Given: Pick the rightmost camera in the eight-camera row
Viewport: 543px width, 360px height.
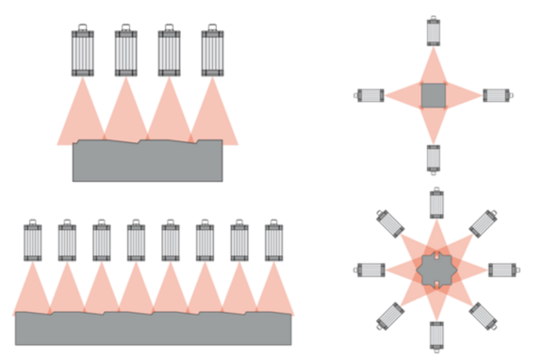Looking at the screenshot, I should (x=273, y=240).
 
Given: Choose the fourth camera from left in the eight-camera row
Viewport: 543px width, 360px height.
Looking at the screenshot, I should (x=135, y=240).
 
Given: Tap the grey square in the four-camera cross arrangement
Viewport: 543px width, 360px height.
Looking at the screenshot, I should (x=433, y=95).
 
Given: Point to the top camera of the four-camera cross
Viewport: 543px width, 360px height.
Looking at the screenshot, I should (x=433, y=31).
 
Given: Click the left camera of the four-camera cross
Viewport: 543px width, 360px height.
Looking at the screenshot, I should (x=370, y=95).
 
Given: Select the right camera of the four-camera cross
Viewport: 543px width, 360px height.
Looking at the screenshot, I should (x=496, y=95).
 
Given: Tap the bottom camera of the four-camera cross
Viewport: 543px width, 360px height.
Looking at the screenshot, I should (x=433, y=158).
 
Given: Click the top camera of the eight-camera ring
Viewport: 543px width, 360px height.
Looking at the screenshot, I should (x=436, y=204).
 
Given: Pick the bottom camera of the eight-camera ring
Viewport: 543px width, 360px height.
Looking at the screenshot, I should (x=436, y=335).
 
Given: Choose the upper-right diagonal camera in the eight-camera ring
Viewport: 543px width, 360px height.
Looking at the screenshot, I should (x=482, y=223).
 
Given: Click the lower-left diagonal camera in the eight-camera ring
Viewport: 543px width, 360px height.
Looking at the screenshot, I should (x=389, y=316).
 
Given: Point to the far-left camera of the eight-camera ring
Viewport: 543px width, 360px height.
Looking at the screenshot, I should (x=370, y=270).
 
